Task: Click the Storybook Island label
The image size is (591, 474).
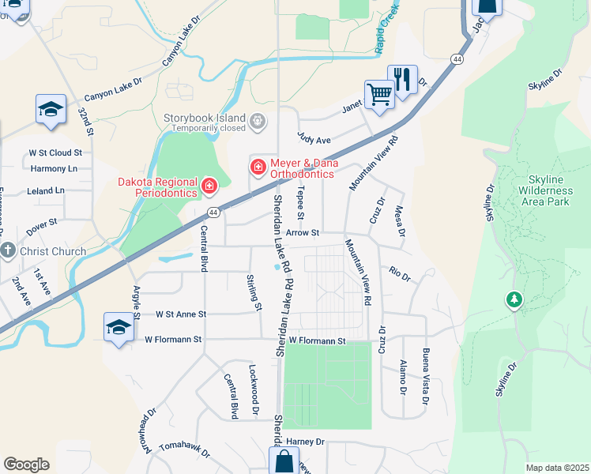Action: (205, 118)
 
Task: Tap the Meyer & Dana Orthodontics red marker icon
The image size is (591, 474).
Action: (258, 167)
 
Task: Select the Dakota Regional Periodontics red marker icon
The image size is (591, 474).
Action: (209, 186)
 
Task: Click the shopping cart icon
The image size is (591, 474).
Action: (379, 96)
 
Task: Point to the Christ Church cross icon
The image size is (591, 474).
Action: (8, 252)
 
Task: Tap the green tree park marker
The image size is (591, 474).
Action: (514, 299)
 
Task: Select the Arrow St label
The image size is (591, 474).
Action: (302, 233)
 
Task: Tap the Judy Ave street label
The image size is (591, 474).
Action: (314, 140)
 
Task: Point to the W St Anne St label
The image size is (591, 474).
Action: (181, 314)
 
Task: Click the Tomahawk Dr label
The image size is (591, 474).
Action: (184, 450)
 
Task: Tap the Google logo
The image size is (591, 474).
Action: (26, 465)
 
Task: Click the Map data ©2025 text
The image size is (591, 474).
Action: (557, 468)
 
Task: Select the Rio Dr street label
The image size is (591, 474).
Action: (400, 274)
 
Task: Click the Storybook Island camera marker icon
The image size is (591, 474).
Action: (257, 122)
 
